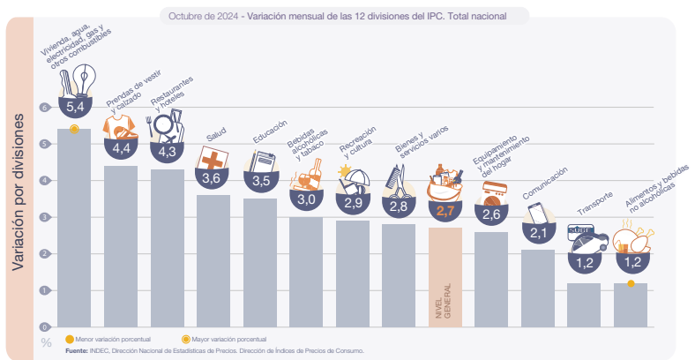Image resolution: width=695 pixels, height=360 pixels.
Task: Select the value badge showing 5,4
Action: coord(74,106)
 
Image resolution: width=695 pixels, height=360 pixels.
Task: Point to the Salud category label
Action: coord(216,135)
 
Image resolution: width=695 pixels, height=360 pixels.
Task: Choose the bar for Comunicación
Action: coord(537,287)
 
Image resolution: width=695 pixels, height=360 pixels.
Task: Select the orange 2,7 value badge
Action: coord(445,211)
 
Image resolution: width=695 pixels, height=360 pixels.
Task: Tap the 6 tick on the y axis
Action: coord(46,107)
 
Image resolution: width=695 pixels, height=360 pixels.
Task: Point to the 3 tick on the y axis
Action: coord(46,217)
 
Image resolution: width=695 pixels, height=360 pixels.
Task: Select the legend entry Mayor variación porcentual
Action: coord(228,339)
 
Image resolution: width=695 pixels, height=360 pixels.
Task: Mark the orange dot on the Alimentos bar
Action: coord(631,283)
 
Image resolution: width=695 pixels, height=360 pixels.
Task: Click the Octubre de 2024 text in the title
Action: coord(204,15)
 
